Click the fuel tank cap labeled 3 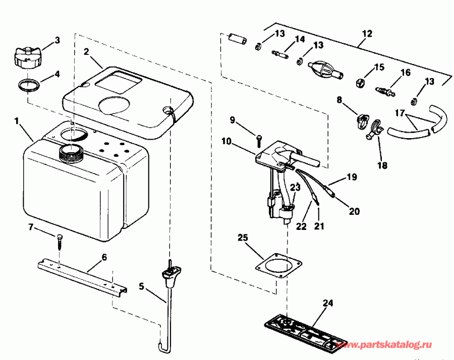click(x=26, y=57)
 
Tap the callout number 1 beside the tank click(x=17, y=121)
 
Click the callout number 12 click(x=367, y=34)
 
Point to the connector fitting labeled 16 click(x=384, y=91)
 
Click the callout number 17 click(x=399, y=114)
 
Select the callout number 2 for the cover click(x=86, y=51)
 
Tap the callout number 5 click(x=142, y=286)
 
